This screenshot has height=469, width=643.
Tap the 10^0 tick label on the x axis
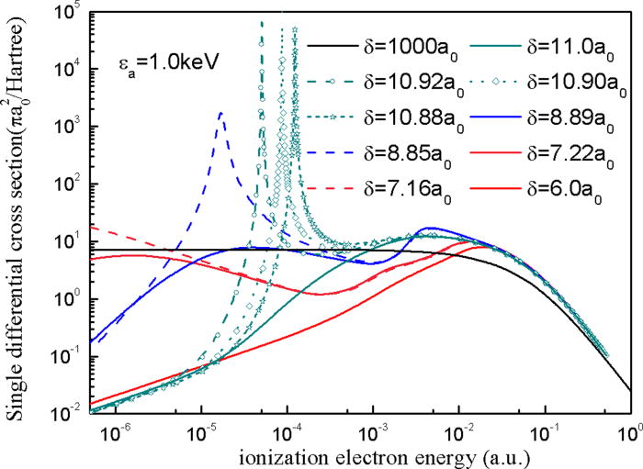(x=631, y=431)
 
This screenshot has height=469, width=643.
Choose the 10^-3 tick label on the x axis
(x=374, y=431)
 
